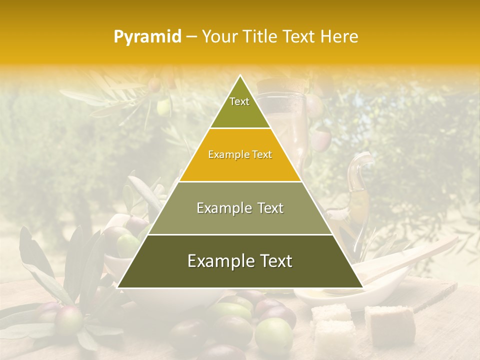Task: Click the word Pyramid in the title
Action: tap(147, 37)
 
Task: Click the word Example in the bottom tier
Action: tap(218, 261)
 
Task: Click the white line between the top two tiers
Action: tap(240, 128)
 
